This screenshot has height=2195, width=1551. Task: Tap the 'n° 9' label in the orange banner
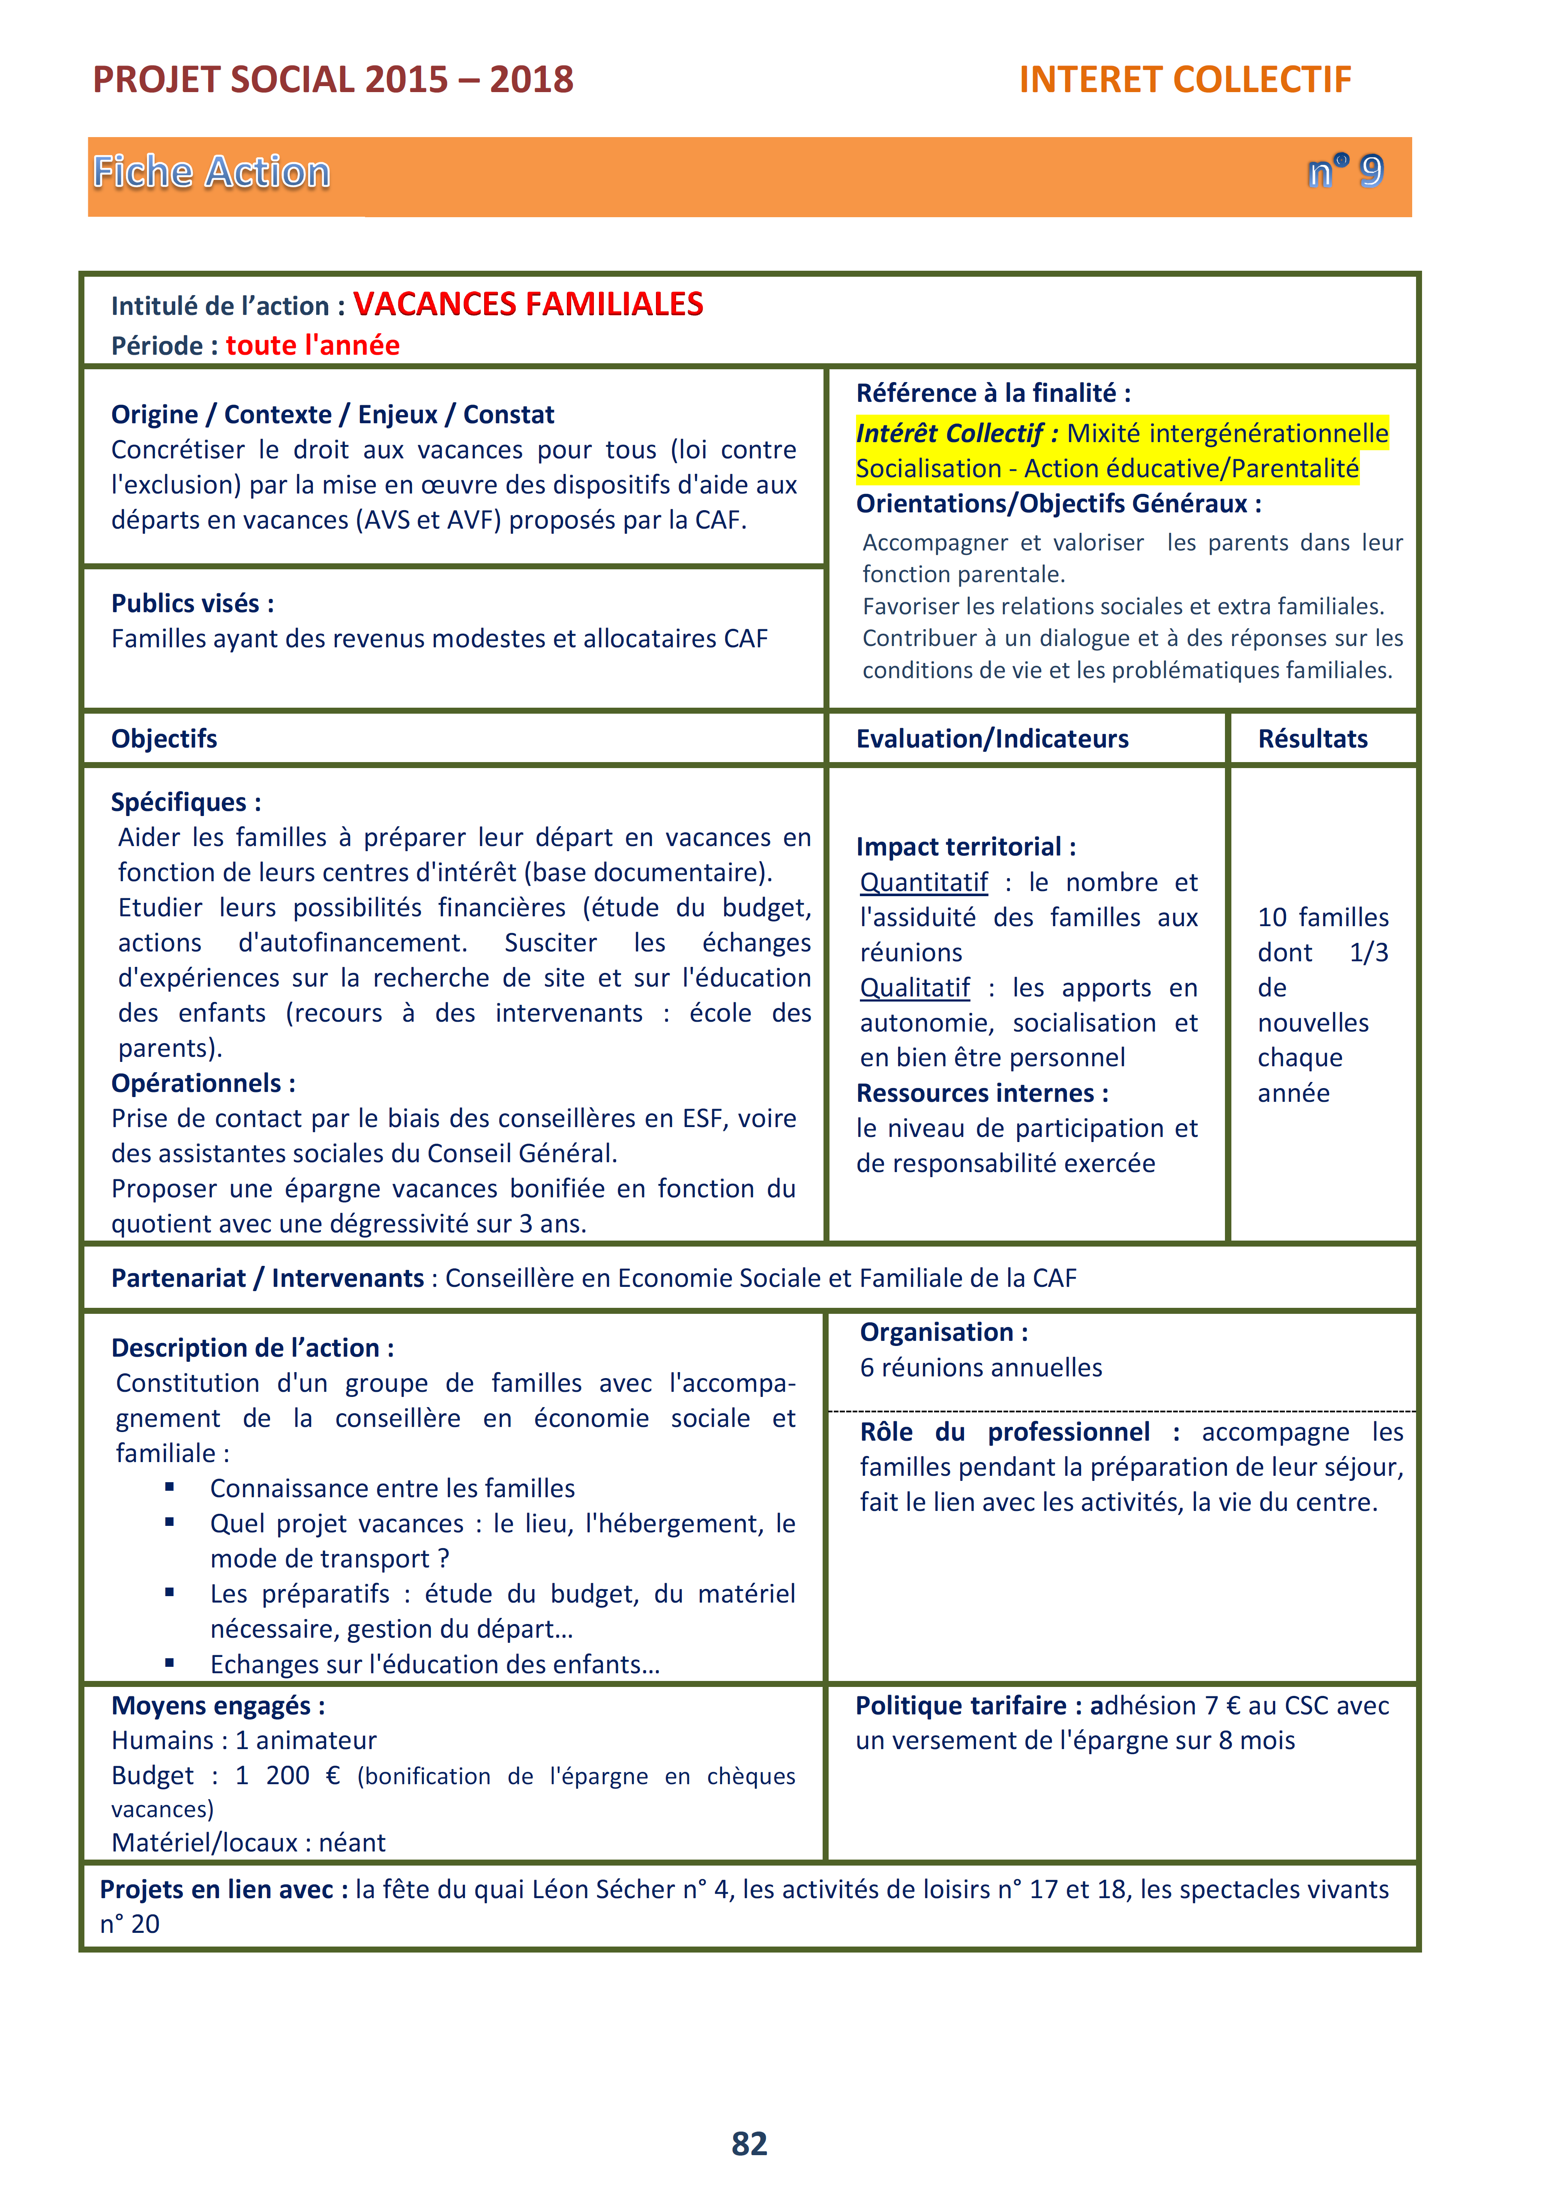point(1344,172)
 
